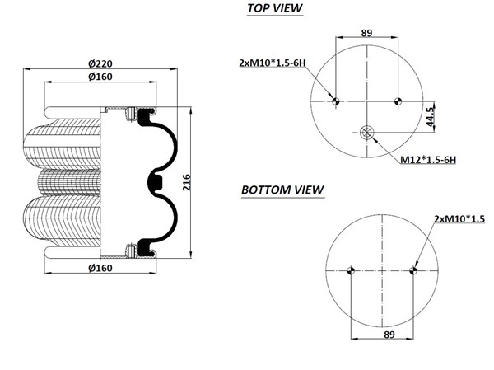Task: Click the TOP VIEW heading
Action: tap(275, 9)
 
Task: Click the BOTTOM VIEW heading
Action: tap(282, 190)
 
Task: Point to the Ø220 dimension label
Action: tap(100, 63)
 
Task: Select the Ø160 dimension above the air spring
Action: tap(100, 77)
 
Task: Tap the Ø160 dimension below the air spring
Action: tap(100, 267)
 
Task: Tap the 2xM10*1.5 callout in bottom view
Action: tap(460, 218)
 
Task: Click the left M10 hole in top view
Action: tap(335, 101)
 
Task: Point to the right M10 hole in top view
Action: tap(397, 101)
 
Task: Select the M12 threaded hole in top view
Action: tap(366, 132)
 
